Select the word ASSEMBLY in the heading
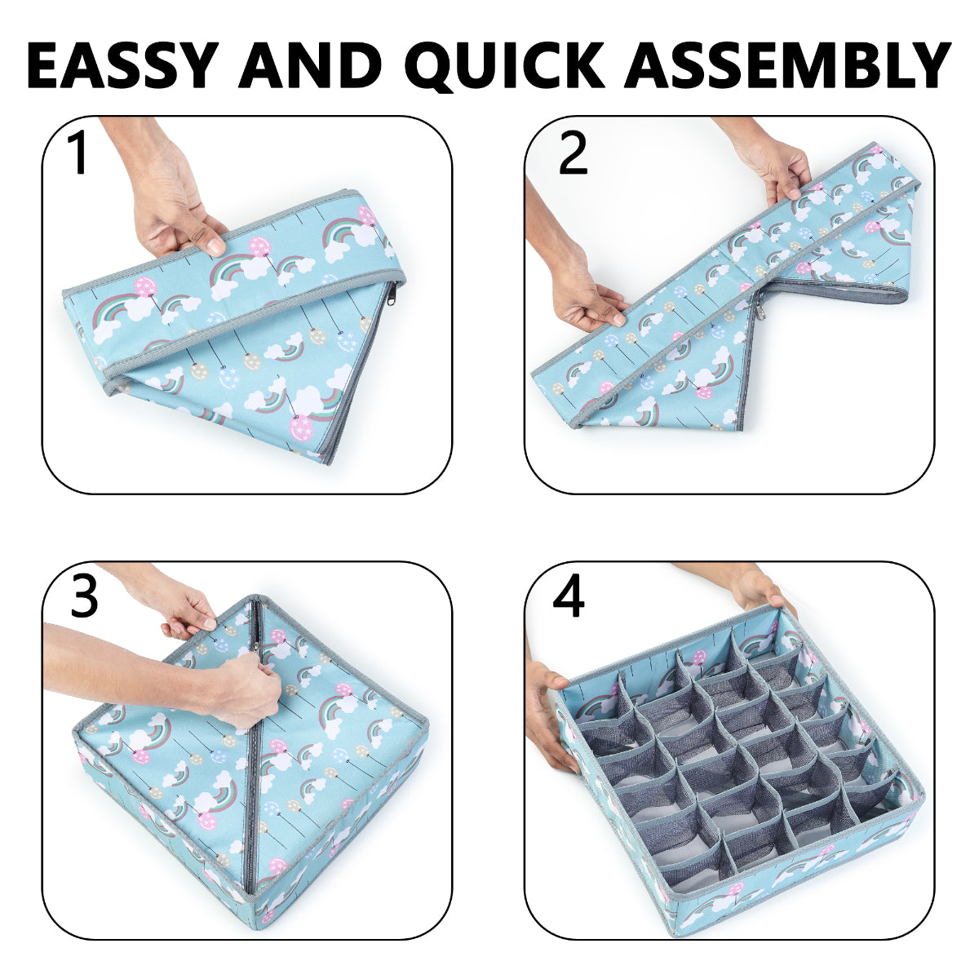pos(788,64)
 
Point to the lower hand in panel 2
pos(587,290)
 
